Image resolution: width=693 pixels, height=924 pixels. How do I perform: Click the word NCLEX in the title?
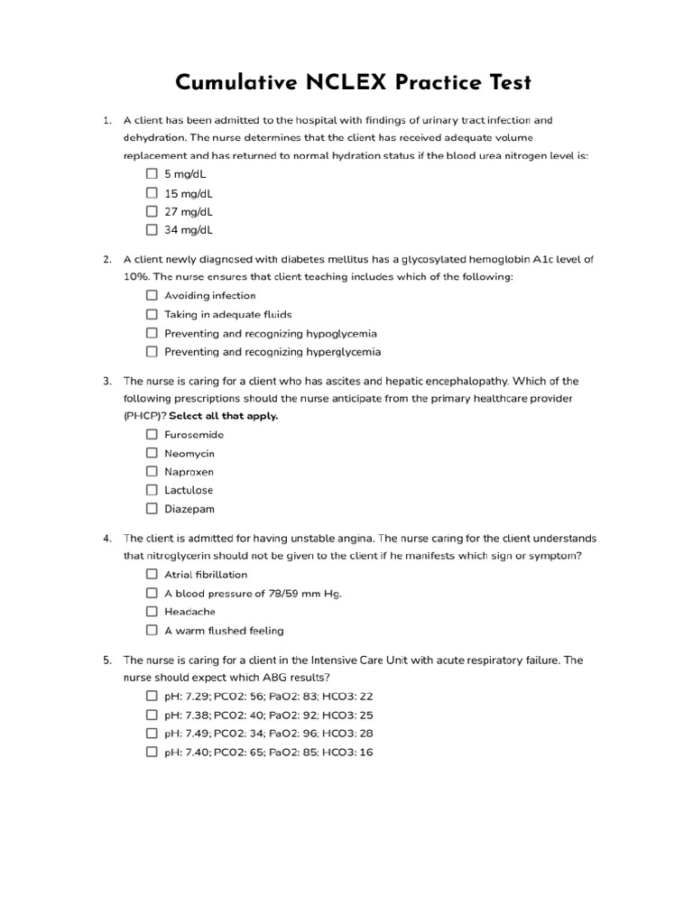348,83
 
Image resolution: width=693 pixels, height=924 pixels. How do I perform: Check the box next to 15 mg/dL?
152,193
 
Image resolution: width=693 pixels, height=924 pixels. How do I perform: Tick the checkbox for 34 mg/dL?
152,230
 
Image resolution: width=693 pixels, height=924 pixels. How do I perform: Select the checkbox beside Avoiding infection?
152,295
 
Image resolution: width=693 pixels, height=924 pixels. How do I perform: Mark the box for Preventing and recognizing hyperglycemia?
152,352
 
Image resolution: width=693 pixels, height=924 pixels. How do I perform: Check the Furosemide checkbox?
152,434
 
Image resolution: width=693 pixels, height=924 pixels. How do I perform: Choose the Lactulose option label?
189,490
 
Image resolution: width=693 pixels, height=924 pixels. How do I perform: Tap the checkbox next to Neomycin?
152,453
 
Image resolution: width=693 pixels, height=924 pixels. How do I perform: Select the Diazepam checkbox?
152,509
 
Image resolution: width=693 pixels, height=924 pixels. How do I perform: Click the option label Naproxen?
189,472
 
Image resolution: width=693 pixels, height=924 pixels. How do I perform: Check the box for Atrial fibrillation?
152,574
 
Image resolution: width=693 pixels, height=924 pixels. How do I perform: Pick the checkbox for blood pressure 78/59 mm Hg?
152,593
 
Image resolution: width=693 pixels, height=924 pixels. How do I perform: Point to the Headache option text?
189,612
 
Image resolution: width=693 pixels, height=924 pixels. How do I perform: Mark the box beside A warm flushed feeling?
152,631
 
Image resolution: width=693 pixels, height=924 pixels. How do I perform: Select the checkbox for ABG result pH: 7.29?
152,697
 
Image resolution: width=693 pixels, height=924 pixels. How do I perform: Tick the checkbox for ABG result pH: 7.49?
152,734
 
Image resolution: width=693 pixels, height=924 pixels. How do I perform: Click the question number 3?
106,381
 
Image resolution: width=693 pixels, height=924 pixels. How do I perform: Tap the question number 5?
106,660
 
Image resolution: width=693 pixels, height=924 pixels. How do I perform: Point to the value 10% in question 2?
136,277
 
